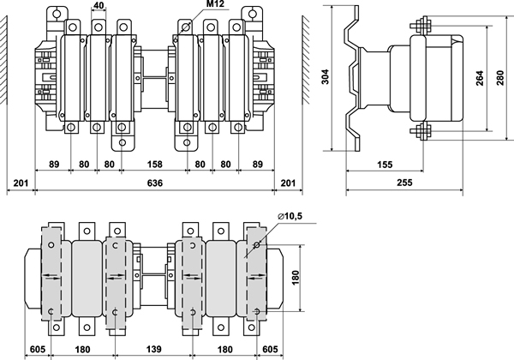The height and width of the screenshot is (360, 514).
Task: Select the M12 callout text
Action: pyautogui.click(x=218, y=6)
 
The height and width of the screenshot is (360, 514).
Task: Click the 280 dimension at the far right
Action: pyautogui.click(x=503, y=79)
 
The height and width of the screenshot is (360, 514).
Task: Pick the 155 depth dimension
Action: pyautogui.click(x=383, y=164)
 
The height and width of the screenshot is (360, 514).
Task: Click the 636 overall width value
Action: pyautogui.click(x=156, y=183)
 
